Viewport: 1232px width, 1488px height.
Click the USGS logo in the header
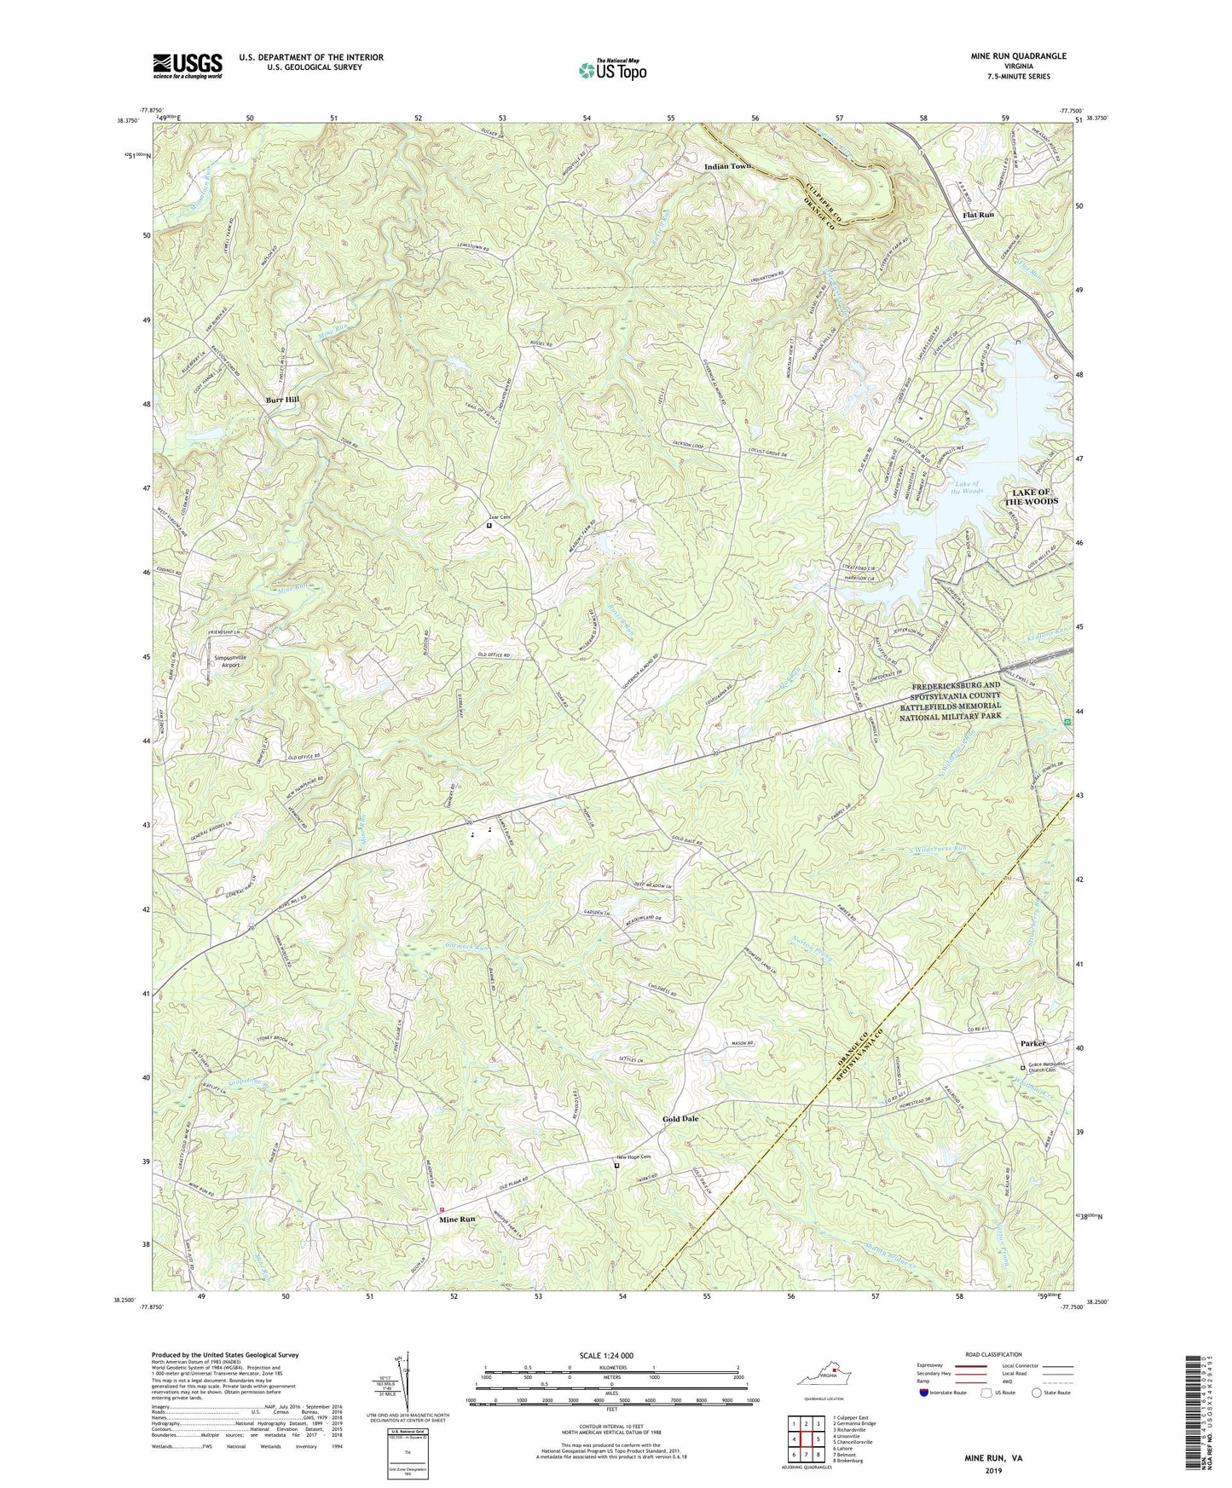point(188,65)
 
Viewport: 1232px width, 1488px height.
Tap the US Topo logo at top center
point(612,70)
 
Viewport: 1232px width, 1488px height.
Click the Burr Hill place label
point(281,399)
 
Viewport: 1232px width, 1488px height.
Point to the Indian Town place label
point(728,166)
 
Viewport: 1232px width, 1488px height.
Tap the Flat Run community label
point(978,215)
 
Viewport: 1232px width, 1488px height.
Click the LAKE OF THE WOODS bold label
point(1022,497)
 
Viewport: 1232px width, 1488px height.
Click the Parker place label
point(1033,1043)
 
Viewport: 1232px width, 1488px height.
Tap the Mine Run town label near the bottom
point(457,1220)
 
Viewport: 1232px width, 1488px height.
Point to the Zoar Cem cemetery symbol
point(489,526)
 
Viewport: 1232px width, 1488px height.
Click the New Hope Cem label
point(633,1157)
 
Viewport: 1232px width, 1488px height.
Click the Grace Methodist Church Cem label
point(1049,1070)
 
